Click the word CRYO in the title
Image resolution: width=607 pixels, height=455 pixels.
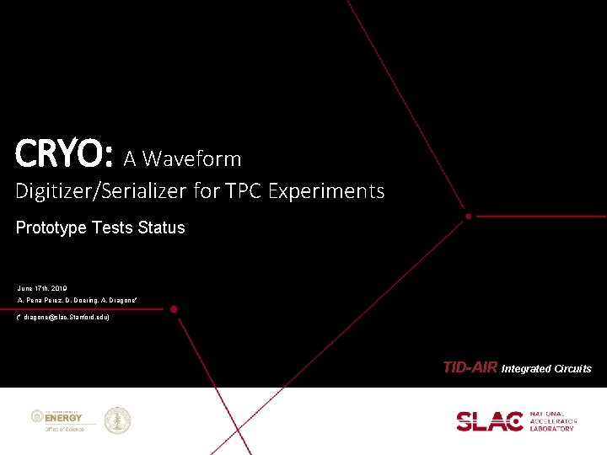(x=61, y=155)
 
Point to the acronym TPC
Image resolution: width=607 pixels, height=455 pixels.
(x=243, y=191)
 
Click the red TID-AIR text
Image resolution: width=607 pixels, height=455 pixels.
(x=470, y=367)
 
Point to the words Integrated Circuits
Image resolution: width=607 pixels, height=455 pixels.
(x=546, y=368)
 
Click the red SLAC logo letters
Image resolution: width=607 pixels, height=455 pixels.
(x=490, y=420)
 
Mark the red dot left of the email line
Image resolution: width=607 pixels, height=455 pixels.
(x=175, y=309)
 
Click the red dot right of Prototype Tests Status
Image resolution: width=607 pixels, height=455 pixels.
(x=468, y=217)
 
